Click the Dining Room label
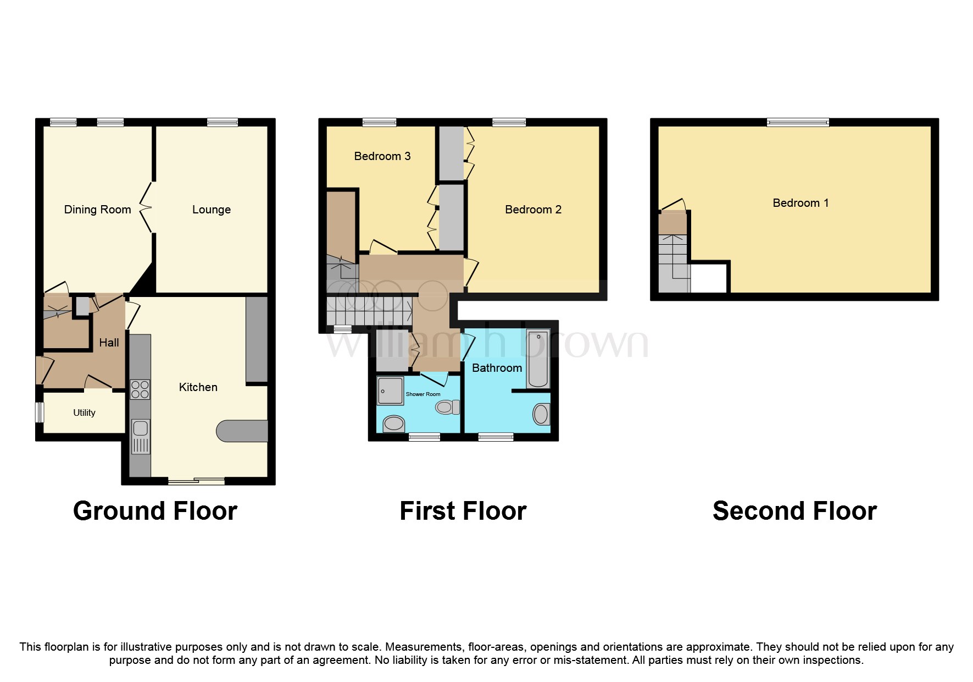click(x=97, y=210)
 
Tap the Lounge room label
click(x=212, y=210)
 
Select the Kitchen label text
click(x=198, y=387)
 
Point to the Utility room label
click(x=84, y=413)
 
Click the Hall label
click(x=109, y=343)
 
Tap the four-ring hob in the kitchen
click(x=140, y=390)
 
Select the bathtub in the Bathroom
click(x=538, y=359)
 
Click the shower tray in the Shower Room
click(x=390, y=391)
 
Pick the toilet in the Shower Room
click(x=448, y=407)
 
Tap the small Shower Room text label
click(x=423, y=394)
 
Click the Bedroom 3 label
click(x=382, y=156)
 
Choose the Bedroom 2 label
click(x=533, y=210)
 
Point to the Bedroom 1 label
click(x=800, y=203)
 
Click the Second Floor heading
click(x=794, y=511)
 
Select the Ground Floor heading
click(x=155, y=511)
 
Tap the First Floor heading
click(x=463, y=511)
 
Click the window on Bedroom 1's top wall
click(x=798, y=122)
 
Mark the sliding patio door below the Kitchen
click(x=196, y=481)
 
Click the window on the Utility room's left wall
click(x=40, y=413)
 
